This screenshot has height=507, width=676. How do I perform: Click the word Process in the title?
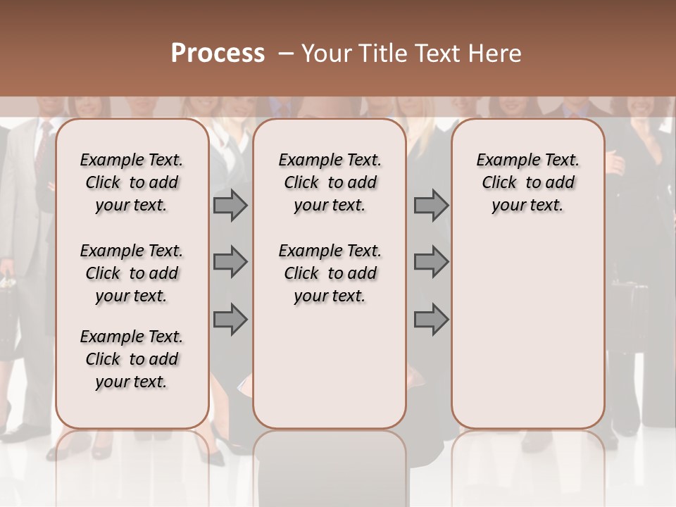(218, 54)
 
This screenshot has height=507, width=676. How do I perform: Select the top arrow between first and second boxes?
(230, 206)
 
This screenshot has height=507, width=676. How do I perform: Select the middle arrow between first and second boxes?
(230, 263)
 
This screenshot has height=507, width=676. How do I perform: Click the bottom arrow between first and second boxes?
(230, 320)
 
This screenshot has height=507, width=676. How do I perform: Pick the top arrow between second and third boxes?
(431, 206)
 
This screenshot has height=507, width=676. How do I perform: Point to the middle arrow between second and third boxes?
(431, 263)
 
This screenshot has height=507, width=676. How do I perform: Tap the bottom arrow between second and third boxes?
(431, 320)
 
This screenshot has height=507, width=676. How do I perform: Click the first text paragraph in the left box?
(132, 182)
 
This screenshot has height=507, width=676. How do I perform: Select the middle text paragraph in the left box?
(132, 273)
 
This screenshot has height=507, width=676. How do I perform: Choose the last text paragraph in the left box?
(132, 359)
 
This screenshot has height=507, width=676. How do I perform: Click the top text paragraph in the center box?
(330, 182)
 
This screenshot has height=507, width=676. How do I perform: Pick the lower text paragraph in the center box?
(330, 273)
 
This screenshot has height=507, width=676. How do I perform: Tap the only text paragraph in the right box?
(527, 182)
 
